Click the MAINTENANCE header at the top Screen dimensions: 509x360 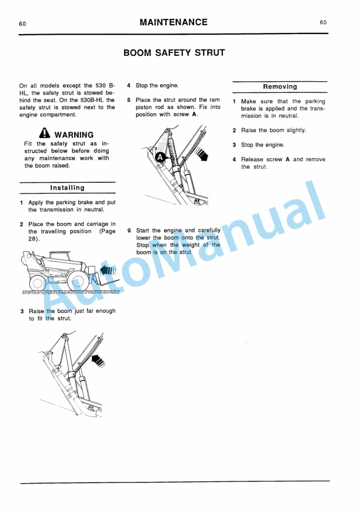(174, 22)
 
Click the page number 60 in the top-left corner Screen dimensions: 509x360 (22, 24)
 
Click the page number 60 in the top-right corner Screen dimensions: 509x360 (323, 22)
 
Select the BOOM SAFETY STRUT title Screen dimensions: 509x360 (174, 53)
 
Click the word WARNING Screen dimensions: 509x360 (74, 135)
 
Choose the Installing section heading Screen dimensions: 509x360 (67, 188)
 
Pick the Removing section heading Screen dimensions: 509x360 (279, 87)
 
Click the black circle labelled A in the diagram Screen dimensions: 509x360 (159, 157)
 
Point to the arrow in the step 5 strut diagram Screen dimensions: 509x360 (202, 155)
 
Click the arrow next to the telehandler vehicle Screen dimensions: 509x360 (108, 270)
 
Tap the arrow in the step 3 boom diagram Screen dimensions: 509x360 (98, 357)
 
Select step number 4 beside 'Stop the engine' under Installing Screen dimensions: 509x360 (129, 85)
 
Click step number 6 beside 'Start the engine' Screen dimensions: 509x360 (129, 231)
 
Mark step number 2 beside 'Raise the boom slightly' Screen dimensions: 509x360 (234, 131)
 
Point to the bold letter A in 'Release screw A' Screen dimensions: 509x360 (288, 159)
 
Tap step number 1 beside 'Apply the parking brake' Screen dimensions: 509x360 (22, 202)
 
